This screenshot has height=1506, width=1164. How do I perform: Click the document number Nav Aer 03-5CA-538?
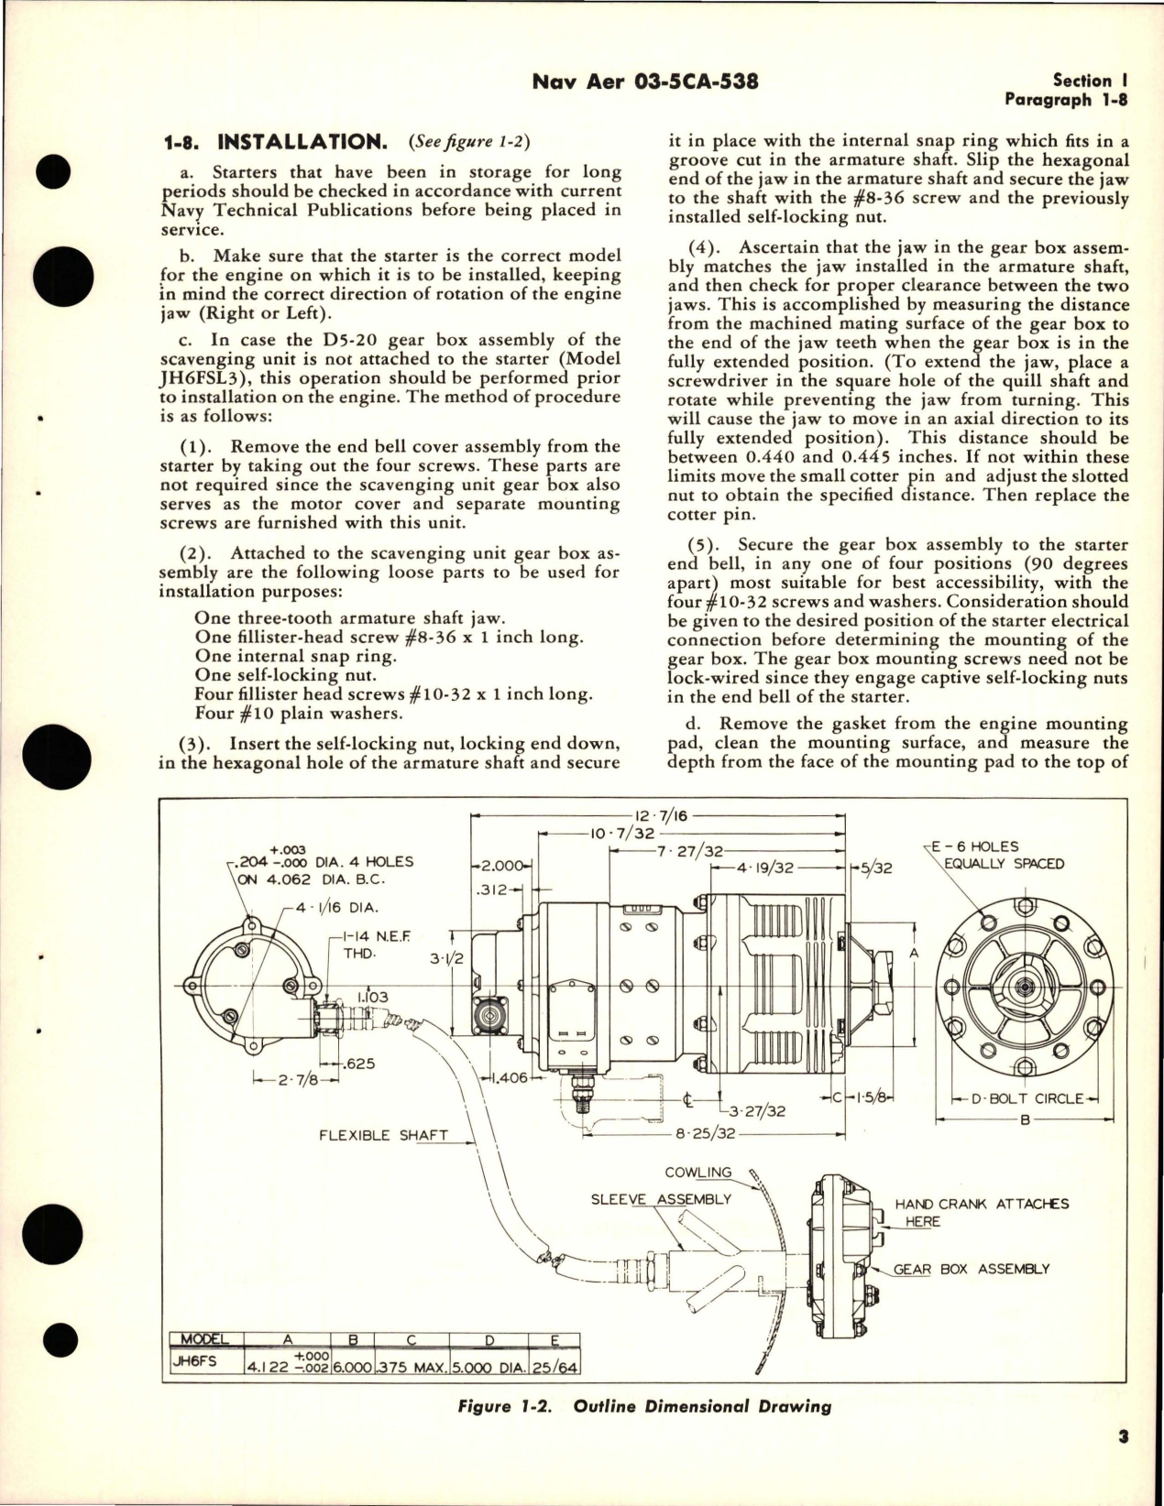pos(644,82)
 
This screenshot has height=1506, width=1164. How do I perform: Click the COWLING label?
pos(698,1172)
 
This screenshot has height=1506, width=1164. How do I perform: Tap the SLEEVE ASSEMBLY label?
pos(661,1199)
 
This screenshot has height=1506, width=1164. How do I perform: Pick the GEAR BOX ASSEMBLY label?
pos(972,1269)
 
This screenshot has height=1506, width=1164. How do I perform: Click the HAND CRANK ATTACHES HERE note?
pos(982,1212)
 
